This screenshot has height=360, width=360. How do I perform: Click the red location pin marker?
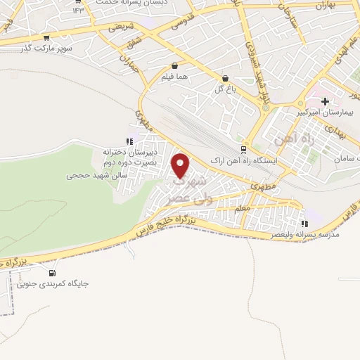(x=181, y=166)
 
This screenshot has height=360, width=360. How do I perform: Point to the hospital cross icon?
(x=325, y=101)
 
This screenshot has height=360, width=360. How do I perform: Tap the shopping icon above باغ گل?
(x=224, y=79)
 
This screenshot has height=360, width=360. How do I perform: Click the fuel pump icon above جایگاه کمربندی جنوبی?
(x=51, y=273)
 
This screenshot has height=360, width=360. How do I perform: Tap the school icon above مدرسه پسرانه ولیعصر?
(x=304, y=224)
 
